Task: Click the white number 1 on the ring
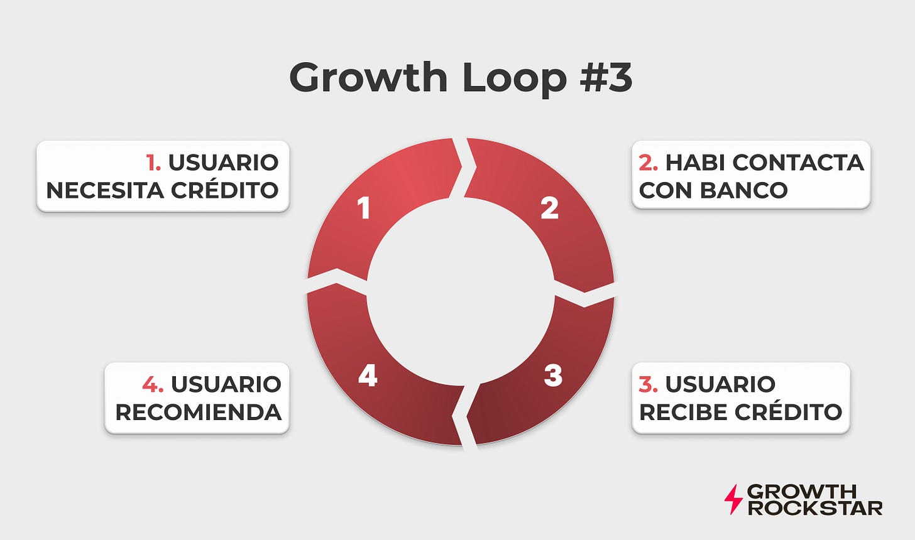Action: click(364, 208)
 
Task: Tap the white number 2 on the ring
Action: click(550, 208)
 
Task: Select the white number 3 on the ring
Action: click(553, 375)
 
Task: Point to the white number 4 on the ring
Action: click(368, 375)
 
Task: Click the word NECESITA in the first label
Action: click(101, 190)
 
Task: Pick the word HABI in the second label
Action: click(695, 163)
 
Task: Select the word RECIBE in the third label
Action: click(681, 411)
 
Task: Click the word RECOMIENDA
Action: click(198, 411)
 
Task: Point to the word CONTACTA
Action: click(798, 163)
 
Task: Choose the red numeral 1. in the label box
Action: click(153, 163)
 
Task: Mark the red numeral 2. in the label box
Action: click(649, 163)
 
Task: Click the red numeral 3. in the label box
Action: click(649, 384)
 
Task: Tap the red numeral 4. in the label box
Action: click(153, 384)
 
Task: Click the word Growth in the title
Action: click(368, 78)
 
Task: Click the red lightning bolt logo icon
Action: click(733, 499)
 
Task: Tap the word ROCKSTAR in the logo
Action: click(815, 507)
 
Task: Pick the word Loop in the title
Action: click(507, 78)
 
